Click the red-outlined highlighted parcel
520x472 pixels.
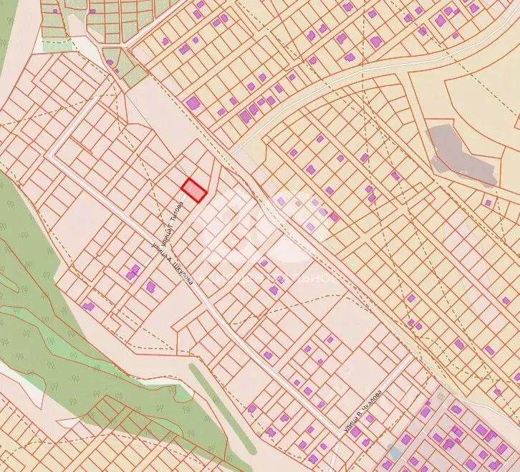tap(193, 191)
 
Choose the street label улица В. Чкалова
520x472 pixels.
tap(369, 411)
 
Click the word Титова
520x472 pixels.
tap(174, 213)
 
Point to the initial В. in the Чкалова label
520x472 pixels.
tap(365, 415)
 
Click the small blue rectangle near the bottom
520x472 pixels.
tap(393, 453)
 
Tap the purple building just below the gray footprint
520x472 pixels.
tap(488, 203)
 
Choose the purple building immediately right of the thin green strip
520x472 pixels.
tap(251, 408)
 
